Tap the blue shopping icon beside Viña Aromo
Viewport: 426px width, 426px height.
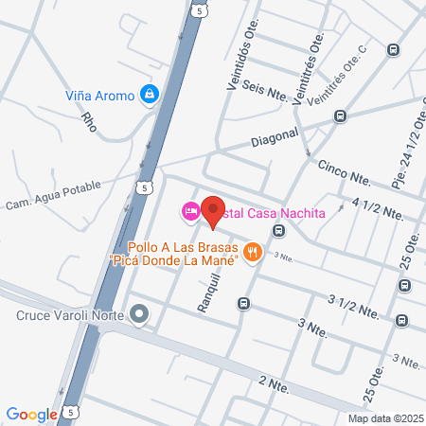click(x=149, y=94)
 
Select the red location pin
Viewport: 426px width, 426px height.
click(x=214, y=214)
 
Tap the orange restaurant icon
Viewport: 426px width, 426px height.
click(x=252, y=251)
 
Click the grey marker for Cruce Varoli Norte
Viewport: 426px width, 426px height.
click(x=140, y=313)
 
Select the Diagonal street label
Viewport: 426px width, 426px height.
click(x=275, y=137)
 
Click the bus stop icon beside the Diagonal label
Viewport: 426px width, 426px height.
click(x=340, y=115)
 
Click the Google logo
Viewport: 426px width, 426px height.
click(x=32, y=414)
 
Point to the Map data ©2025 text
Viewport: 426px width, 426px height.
click(x=383, y=417)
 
